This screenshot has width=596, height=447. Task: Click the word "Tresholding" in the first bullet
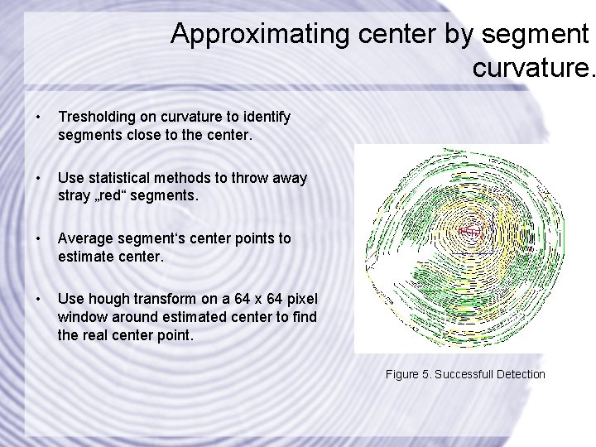93,118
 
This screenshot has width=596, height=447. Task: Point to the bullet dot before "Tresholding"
31,118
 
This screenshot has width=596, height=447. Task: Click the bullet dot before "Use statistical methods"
31,178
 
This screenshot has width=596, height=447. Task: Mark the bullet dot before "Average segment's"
31,238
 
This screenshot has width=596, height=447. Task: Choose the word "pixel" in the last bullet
300,299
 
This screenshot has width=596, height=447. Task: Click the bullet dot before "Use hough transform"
31,299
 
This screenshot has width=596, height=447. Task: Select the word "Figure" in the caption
401,374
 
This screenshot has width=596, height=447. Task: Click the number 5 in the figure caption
425,374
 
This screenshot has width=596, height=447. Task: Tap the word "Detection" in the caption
521,374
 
